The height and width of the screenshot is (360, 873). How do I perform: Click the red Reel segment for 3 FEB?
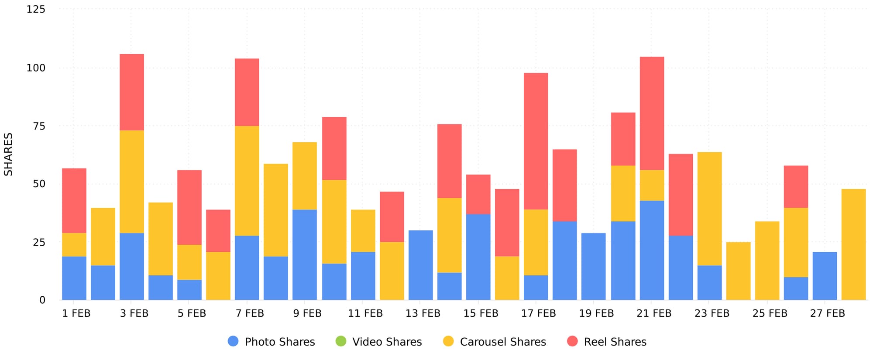point(131,92)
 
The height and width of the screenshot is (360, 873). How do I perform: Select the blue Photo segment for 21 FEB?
point(652,250)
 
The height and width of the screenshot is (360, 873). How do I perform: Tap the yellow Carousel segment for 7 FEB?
point(247,181)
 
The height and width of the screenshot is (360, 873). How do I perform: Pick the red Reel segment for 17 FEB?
point(536,141)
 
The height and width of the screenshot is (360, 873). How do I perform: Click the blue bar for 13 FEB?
point(420,265)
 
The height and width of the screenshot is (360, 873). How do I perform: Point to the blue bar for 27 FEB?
point(825,276)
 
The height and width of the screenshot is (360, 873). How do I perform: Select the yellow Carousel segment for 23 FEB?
point(709,209)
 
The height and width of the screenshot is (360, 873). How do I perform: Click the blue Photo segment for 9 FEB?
point(304,254)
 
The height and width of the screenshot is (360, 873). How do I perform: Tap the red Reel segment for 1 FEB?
point(74,200)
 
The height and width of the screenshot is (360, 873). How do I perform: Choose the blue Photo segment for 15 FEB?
point(478,257)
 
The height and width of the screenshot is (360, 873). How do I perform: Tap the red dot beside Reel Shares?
point(572,341)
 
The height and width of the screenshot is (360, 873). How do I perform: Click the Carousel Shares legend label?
point(502,342)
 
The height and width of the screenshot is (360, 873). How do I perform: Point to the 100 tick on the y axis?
point(36,68)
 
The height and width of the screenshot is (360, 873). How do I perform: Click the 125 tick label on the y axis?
point(36,9)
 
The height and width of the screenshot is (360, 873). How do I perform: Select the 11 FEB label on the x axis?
point(365,313)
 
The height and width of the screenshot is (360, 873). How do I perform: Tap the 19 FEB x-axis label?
point(596,313)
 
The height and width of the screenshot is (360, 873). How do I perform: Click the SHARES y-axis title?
point(8,154)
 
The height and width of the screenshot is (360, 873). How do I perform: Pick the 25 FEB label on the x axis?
point(770,313)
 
